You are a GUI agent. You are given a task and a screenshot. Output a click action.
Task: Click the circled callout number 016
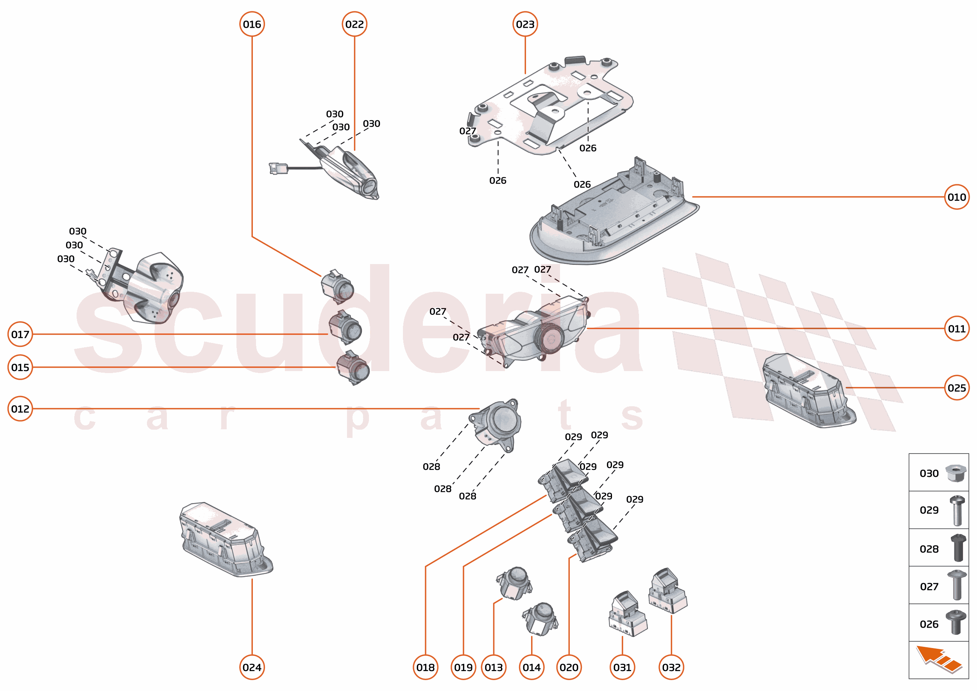pyautogui.click(x=252, y=24)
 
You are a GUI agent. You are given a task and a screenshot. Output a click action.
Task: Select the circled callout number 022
pyautogui.click(x=354, y=24)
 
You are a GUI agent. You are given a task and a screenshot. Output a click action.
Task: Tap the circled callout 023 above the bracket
pyautogui.click(x=525, y=24)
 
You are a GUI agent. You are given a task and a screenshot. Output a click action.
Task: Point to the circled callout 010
pyautogui.click(x=956, y=197)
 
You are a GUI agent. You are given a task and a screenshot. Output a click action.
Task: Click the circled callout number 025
pyautogui.click(x=956, y=387)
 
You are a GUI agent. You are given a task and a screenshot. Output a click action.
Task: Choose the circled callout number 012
pyautogui.click(x=20, y=409)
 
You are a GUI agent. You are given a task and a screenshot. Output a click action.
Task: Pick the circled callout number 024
pyautogui.click(x=252, y=667)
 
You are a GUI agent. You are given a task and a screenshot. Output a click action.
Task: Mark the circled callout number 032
pyautogui.click(x=671, y=667)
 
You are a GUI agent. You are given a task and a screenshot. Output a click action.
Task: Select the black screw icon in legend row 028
pyautogui.click(x=958, y=548)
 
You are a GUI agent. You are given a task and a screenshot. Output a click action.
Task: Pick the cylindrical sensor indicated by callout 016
pyautogui.click(x=337, y=287)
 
